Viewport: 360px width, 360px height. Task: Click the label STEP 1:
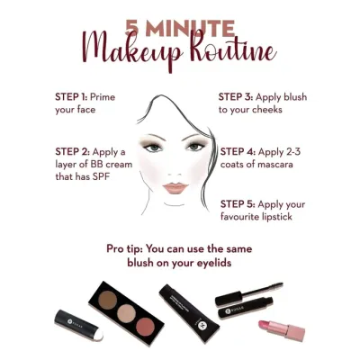coord(71,97)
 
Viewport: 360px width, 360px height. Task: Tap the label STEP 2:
coord(72,152)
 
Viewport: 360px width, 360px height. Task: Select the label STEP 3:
coord(236,97)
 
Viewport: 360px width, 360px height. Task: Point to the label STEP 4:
coord(238,152)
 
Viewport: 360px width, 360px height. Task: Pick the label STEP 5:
coord(238,204)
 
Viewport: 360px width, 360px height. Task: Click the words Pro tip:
coord(124,249)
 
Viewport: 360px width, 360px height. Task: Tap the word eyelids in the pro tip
coord(214,263)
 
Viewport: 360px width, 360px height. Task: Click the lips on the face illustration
coord(175,188)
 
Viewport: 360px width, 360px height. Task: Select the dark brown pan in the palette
coord(107,298)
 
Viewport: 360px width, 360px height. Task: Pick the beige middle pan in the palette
coord(126,313)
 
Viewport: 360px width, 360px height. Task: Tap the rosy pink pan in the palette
coord(145,328)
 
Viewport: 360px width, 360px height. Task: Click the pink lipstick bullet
coord(265,325)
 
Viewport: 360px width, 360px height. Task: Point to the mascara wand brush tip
coord(274,285)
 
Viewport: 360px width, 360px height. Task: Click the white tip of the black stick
coord(98,336)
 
